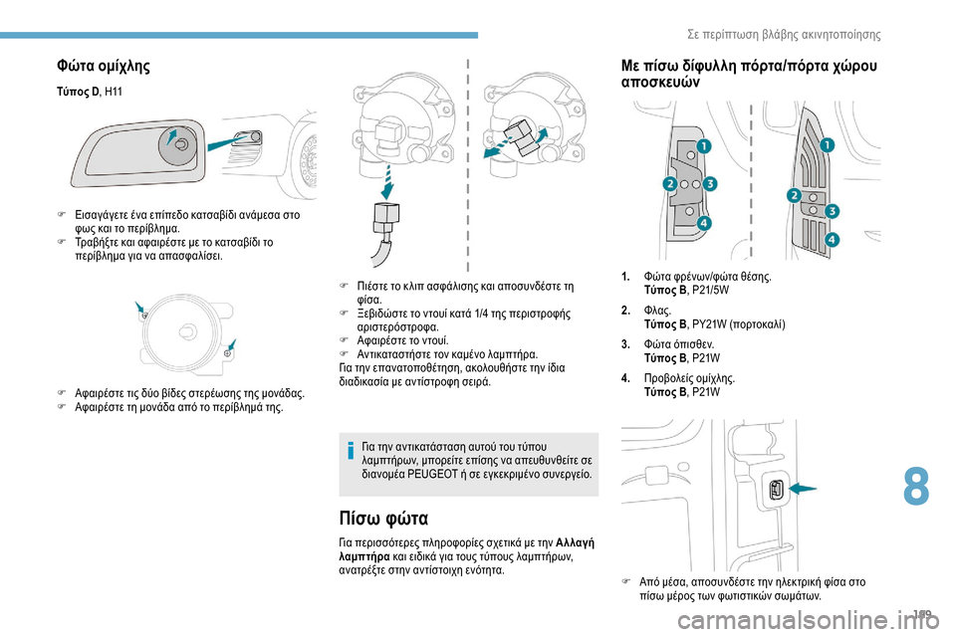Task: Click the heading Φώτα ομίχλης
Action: [104, 67]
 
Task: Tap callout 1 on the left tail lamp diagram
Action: [703, 147]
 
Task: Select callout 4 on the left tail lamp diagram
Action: [703, 223]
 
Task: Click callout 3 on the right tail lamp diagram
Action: [832, 211]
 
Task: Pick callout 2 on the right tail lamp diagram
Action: [794, 194]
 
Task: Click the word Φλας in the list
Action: [656, 311]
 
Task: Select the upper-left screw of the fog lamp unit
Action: [145, 315]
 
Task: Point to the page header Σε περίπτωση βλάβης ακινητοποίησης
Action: [784, 34]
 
